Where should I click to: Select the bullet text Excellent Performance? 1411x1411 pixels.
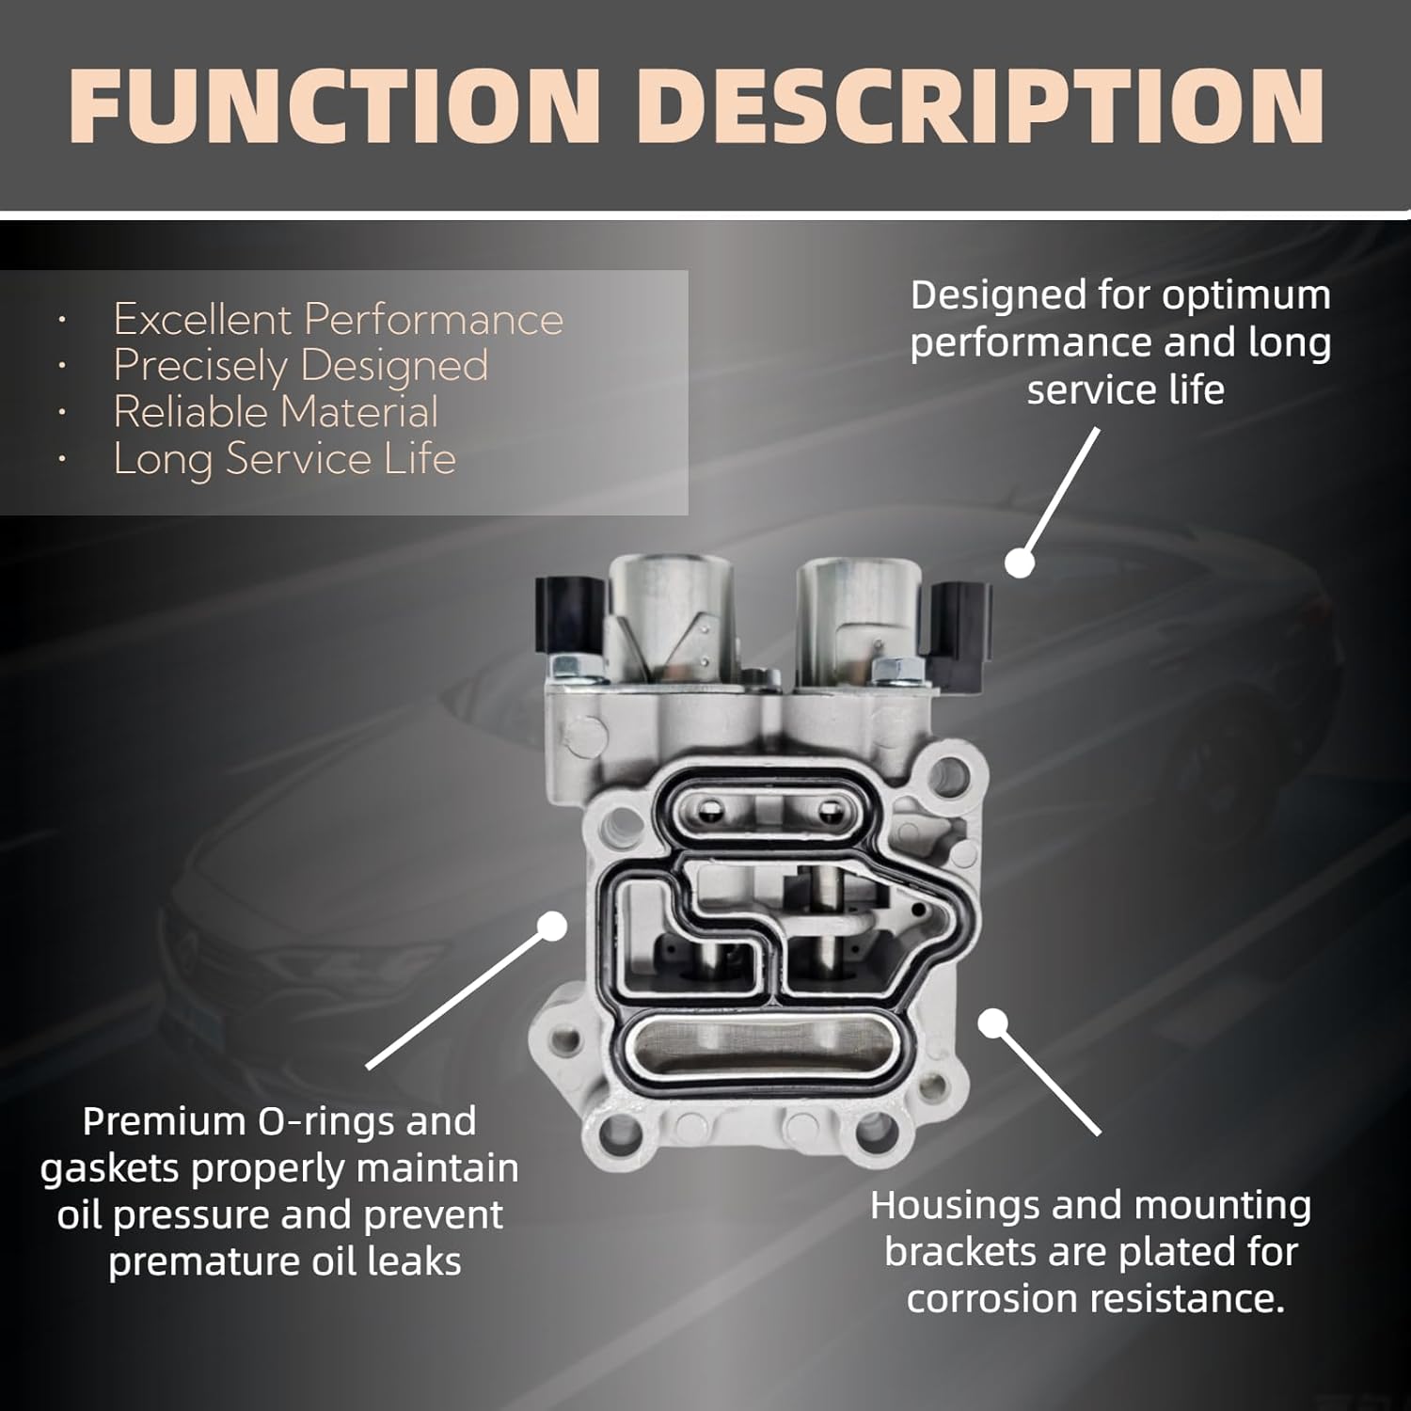(338, 320)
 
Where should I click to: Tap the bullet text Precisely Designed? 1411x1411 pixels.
(300, 366)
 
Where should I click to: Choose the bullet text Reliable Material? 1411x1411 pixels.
(276, 412)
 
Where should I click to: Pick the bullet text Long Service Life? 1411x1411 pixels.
(284, 459)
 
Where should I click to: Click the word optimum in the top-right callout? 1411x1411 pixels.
(1247, 295)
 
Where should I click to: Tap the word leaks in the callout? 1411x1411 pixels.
(415, 1261)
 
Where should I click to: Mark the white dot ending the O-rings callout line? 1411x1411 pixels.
(554, 926)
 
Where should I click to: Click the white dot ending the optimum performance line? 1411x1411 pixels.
(1019, 563)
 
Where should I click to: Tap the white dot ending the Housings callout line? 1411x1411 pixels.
(993, 1023)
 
